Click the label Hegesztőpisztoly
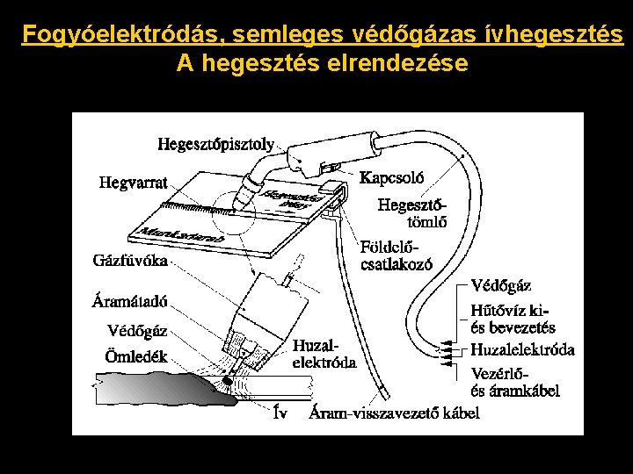point(216,142)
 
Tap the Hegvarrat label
point(132,183)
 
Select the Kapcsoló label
point(392,176)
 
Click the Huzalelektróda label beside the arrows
point(522,350)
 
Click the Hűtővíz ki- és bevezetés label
point(513,319)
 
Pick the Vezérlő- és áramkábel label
point(515,382)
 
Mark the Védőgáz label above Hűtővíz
point(501,285)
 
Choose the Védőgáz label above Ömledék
point(136,332)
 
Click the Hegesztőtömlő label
point(412,213)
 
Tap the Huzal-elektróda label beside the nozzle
point(324,354)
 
